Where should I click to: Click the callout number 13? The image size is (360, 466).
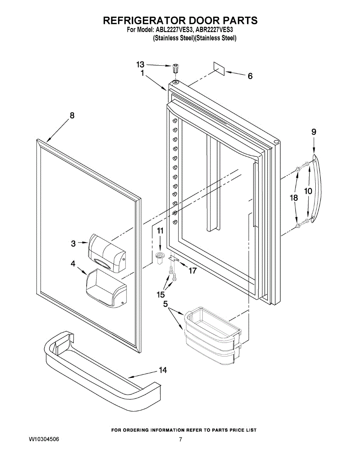pos(140,64)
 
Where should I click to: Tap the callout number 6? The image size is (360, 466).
pos(250,76)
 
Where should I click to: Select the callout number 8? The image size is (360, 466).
pos(72,115)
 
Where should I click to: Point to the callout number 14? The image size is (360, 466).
pos(163,370)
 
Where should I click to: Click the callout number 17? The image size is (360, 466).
pos(193,271)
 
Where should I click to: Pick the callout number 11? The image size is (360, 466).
pos(160,231)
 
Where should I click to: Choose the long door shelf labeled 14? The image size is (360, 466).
pos(101,369)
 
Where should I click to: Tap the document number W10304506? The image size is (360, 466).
pos(44,440)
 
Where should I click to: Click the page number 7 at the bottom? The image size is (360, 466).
pos(181,440)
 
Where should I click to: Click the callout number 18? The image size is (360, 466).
pos(294,198)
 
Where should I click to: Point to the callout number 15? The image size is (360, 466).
pos(161,295)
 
